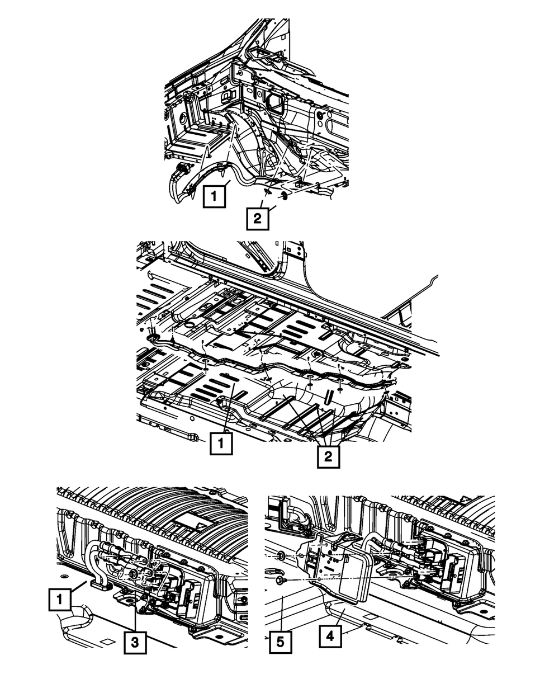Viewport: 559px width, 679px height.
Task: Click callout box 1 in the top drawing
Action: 214,196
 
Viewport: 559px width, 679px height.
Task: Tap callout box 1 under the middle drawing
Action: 221,443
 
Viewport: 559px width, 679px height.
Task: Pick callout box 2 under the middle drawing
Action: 328,456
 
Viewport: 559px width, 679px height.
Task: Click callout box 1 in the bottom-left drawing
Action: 60,599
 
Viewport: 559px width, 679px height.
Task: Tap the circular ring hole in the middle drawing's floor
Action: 189,324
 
